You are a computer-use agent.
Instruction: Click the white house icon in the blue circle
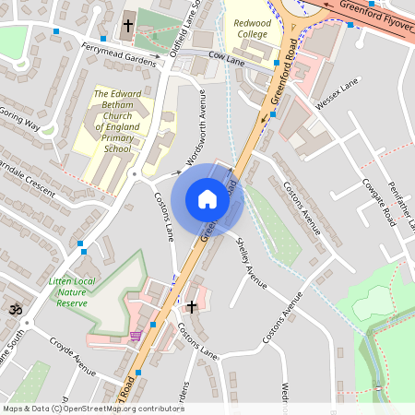(207, 199)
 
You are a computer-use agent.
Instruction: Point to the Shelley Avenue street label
(251, 261)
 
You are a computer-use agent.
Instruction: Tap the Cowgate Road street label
(377, 203)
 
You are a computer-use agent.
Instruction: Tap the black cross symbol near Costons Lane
(192, 306)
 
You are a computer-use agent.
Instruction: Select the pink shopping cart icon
(136, 336)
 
